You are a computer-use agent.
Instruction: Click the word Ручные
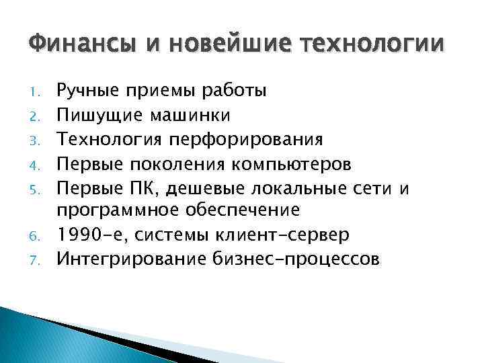pyautogui.click(x=88, y=90)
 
